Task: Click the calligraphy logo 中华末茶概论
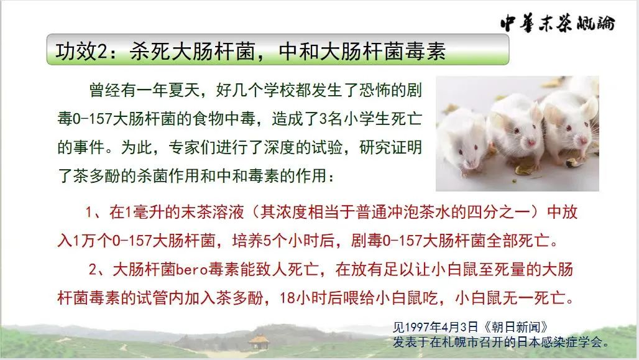(558, 24)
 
